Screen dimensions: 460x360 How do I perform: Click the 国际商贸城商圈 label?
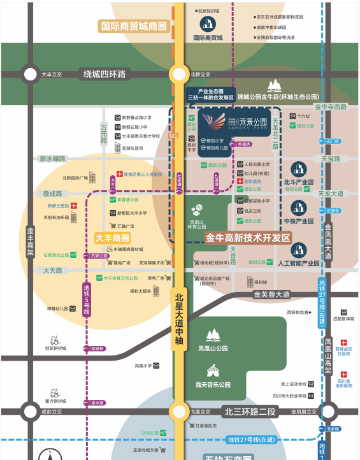point(133,27)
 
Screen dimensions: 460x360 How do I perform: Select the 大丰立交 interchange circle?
point(29,75)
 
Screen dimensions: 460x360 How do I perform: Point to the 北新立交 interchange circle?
point(178,75)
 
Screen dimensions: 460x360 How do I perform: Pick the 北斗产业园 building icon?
point(300,169)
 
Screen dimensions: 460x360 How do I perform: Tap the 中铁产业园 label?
point(300,221)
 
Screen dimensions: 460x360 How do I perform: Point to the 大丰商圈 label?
point(112,238)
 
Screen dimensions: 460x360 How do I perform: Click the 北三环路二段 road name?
point(250,411)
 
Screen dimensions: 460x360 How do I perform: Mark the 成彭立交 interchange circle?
point(29,411)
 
